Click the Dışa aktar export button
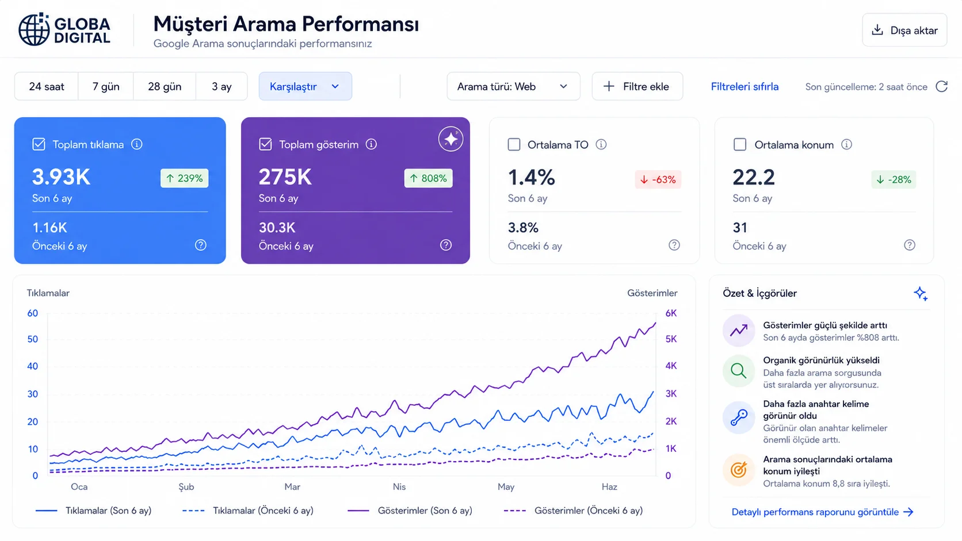[x=904, y=30]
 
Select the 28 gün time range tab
[x=165, y=87]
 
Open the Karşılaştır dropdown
[x=305, y=87]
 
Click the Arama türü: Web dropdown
[x=513, y=87]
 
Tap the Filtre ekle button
[x=637, y=87]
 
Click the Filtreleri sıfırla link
[x=745, y=87]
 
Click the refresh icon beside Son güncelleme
[x=941, y=87]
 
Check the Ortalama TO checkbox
[x=514, y=144]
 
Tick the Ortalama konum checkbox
[x=740, y=144]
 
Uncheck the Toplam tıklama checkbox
[x=39, y=144]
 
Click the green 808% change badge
[x=428, y=178]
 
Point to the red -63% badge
[x=658, y=179]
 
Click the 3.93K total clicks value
[x=62, y=177]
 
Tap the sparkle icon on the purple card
[x=451, y=139]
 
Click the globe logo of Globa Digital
[x=34, y=29]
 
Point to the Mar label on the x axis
[x=292, y=486]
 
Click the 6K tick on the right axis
[x=671, y=313]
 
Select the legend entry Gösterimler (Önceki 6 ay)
[x=573, y=511]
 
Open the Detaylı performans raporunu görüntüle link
[x=822, y=512]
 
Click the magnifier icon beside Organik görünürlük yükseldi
[x=739, y=371]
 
